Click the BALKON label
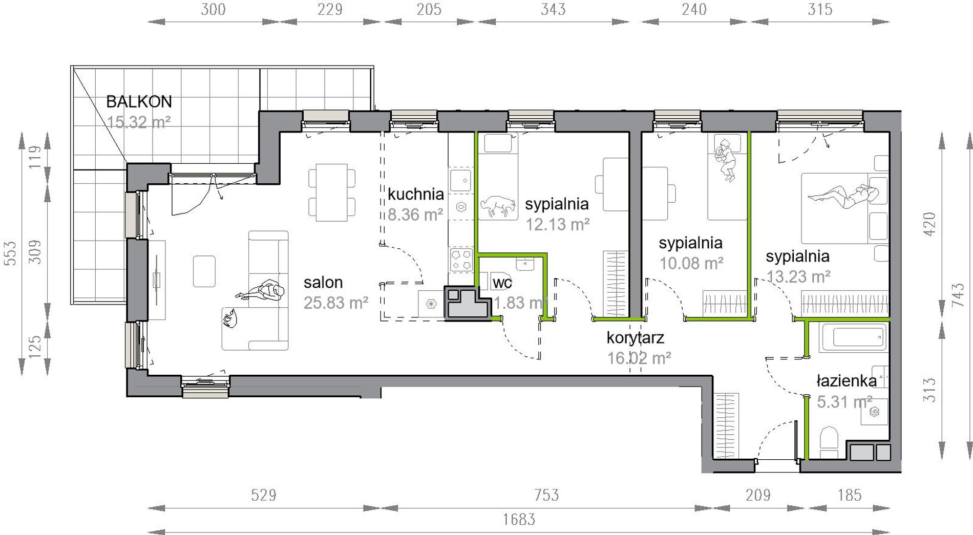pos(139,101)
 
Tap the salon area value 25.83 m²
pos(336,303)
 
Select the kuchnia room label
pos(415,194)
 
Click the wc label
pos(502,282)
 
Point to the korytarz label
pos(635,338)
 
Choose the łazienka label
pos(847,380)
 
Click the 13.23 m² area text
pos(798,276)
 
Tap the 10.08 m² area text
pos(691,263)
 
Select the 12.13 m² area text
pos(558,224)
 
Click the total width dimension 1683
pos(519,520)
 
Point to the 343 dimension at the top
pos(553,9)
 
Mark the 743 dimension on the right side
pos(958,295)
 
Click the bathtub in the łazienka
pos(853,338)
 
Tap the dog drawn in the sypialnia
pos(498,205)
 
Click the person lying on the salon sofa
pos(261,291)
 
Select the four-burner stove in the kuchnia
pos(460,259)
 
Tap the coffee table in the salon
pos(204,271)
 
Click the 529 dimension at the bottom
pos(264,495)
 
